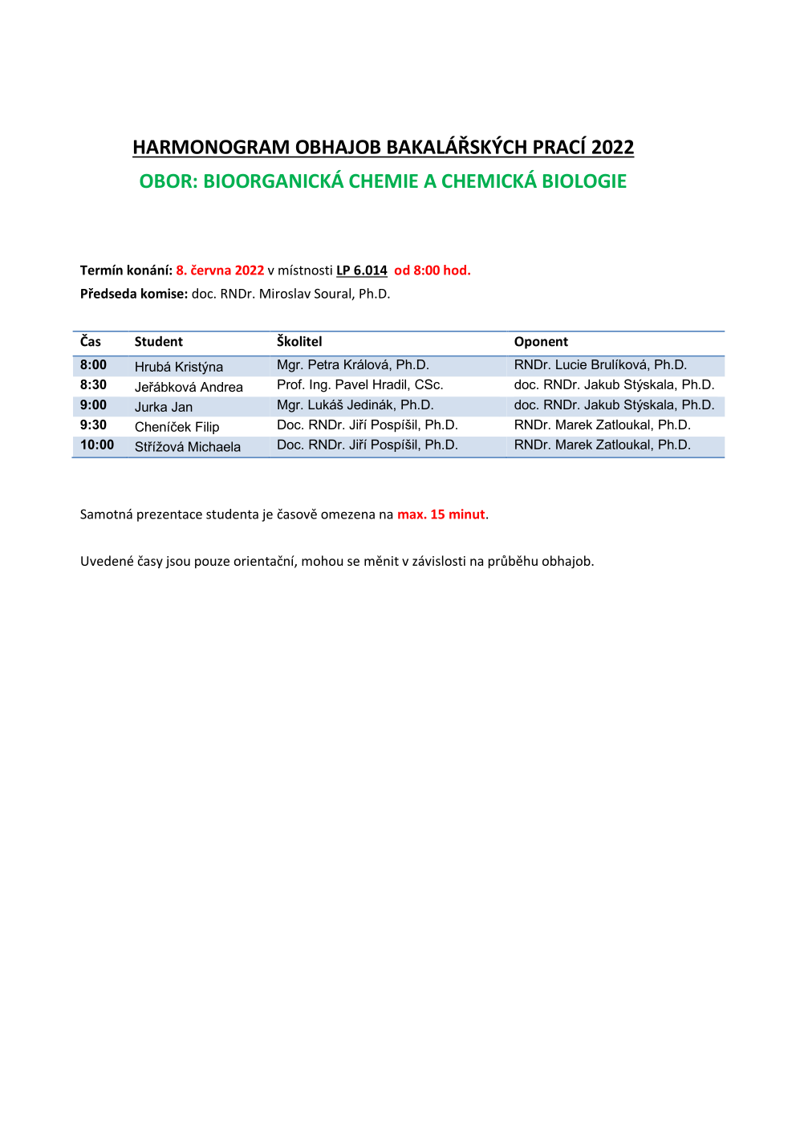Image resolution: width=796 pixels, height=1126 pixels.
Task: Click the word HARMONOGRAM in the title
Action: point(211,147)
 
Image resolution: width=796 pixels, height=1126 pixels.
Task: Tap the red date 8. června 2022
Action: point(220,270)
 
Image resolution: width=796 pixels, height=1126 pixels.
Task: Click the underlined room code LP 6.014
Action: point(362,270)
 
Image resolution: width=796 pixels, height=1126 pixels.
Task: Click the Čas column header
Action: point(91,341)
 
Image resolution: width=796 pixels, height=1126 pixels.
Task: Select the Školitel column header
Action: point(299,341)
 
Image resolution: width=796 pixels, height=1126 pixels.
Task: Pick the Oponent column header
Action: point(541,341)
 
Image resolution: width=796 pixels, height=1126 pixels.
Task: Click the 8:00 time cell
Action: point(93,364)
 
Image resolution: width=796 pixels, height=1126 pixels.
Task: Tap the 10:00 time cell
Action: point(97,445)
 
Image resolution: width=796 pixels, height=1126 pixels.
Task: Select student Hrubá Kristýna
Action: point(179,367)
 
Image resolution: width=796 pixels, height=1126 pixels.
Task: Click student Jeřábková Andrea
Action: point(189,387)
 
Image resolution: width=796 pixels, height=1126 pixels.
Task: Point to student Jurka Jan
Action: point(164,407)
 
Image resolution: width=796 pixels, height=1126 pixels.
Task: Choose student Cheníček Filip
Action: point(177,427)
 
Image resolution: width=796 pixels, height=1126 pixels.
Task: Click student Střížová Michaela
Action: point(188,447)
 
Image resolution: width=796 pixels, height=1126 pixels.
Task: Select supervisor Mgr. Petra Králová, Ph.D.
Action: point(353,365)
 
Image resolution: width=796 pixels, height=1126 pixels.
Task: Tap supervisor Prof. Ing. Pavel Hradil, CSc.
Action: point(359,385)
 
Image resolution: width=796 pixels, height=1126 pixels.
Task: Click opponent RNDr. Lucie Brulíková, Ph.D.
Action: point(600,365)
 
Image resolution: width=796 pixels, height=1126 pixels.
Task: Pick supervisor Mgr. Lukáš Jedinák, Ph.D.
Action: point(355,405)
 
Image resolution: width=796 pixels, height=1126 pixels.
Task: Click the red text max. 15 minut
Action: point(441,514)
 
